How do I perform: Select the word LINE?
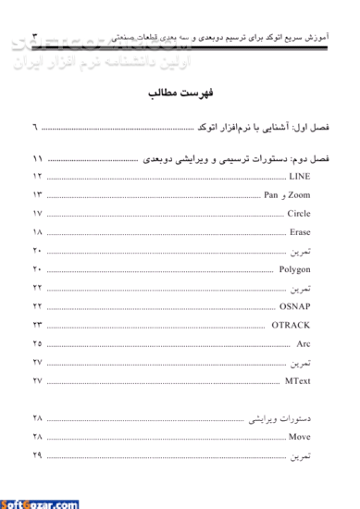[x=300, y=175]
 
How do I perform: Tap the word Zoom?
[x=299, y=194]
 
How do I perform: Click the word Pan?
[x=270, y=194]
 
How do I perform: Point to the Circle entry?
[x=298, y=214]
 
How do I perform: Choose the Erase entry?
[x=300, y=232]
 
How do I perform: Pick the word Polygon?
[x=295, y=269]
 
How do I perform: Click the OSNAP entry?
[x=295, y=306]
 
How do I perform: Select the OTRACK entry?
[x=292, y=325]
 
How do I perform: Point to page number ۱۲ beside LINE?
[x=38, y=175]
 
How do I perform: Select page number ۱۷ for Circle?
[x=38, y=214]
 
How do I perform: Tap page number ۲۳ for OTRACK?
[x=38, y=325]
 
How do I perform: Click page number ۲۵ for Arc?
[x=38, y=343]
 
